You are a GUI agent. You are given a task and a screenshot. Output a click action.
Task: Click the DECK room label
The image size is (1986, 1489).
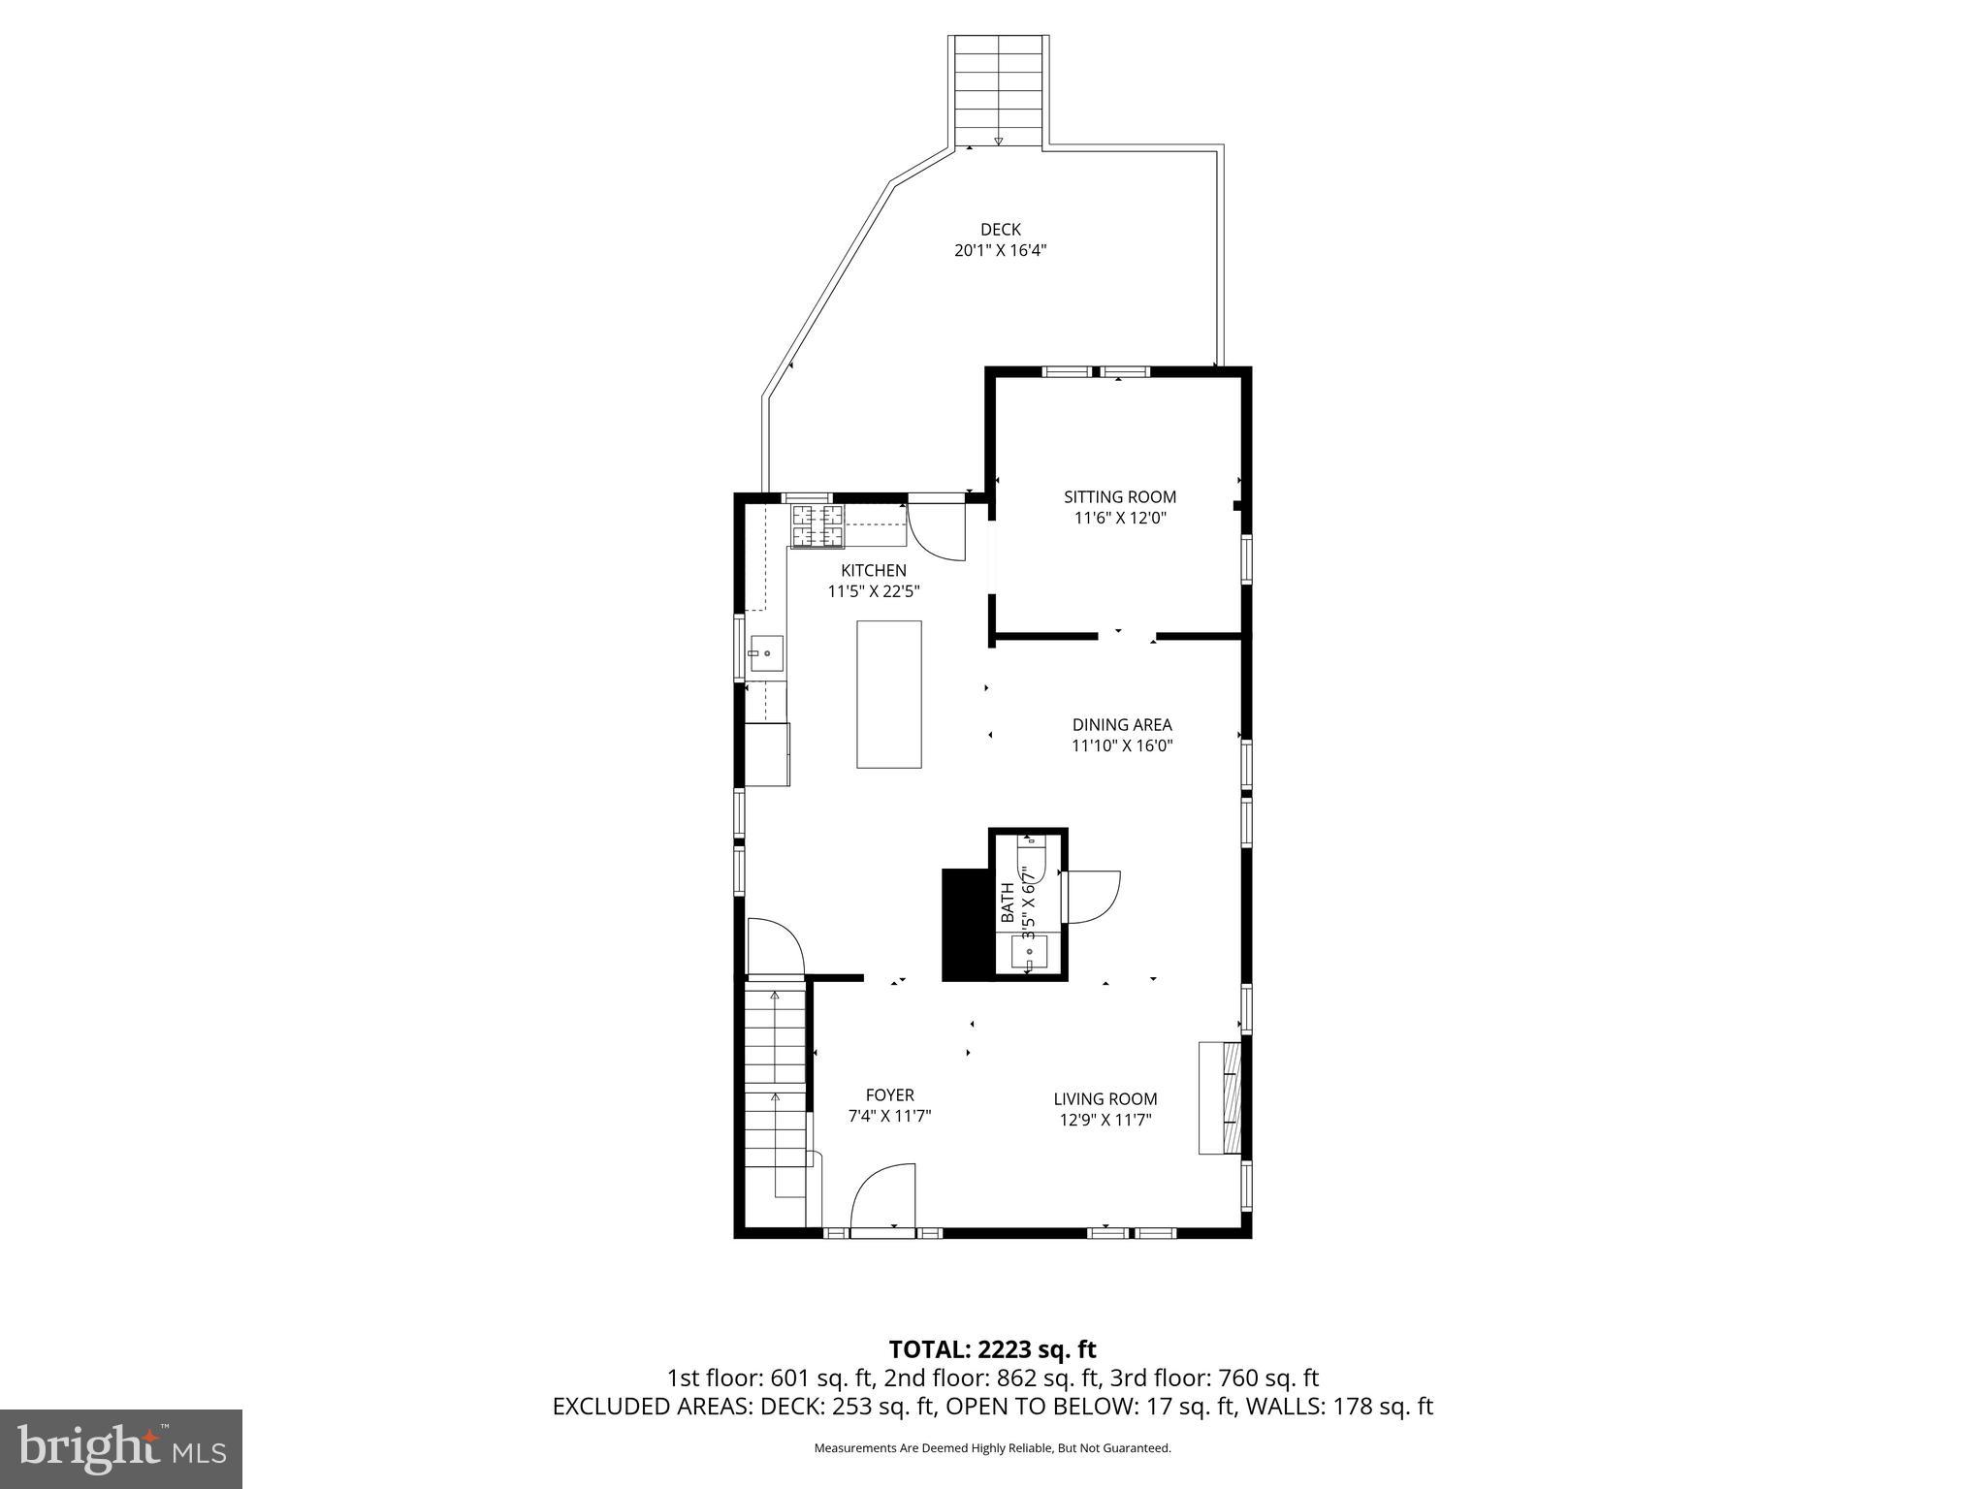coord(1000,230)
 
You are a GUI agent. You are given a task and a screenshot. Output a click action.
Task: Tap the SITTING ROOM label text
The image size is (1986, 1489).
coord(1119,497)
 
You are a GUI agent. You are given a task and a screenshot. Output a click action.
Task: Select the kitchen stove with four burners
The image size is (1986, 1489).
coord(817,526)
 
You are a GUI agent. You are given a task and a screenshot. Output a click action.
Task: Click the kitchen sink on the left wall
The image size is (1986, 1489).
coord(765,653)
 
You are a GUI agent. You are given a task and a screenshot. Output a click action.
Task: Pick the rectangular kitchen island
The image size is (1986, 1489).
coord(888,694)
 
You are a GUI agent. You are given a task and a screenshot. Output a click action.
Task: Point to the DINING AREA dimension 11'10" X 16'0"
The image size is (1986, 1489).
coord(1122,745)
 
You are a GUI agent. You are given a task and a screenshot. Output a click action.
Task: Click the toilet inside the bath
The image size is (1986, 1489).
coord(1030,858)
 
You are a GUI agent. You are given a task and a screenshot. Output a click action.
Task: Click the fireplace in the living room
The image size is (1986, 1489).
coord(1221,1097)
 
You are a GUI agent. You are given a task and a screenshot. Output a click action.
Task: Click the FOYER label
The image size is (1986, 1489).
coord(889,1095)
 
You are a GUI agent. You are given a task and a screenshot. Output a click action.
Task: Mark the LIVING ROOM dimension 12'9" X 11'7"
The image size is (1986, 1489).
coord(1105,1120)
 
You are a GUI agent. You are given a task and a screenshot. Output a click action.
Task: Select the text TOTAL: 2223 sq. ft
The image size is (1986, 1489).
coord(992,1349)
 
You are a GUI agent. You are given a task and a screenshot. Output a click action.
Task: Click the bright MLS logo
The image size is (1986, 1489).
coord(121,1448)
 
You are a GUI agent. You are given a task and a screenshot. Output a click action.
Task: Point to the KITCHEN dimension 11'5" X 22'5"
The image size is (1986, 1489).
coord(873,590)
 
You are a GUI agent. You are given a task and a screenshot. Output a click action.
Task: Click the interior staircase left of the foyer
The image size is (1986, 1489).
coord(776,1095)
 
